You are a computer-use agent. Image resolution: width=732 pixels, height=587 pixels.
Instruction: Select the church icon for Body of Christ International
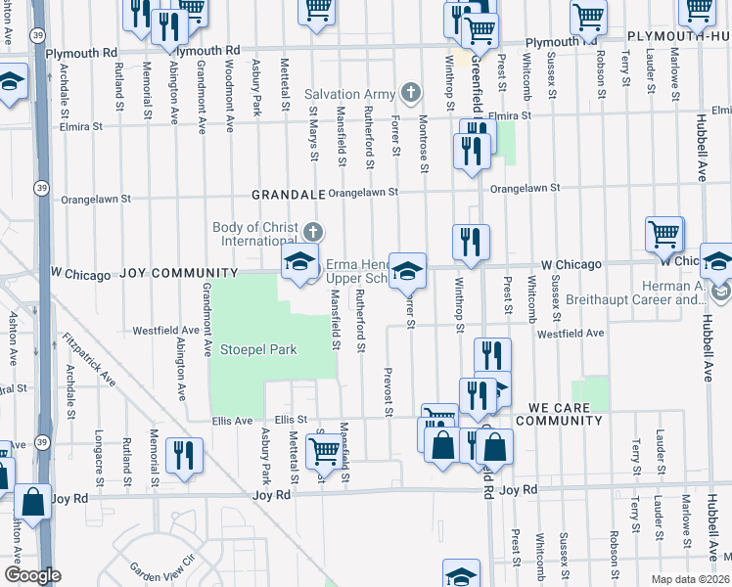[313, 232]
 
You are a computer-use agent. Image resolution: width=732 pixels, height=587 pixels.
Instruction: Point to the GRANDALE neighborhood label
[288, 195]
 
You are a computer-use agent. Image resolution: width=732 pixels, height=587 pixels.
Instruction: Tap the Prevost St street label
[389, 390]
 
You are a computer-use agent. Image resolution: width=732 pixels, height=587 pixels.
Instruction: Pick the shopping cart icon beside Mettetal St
[324, 451]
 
